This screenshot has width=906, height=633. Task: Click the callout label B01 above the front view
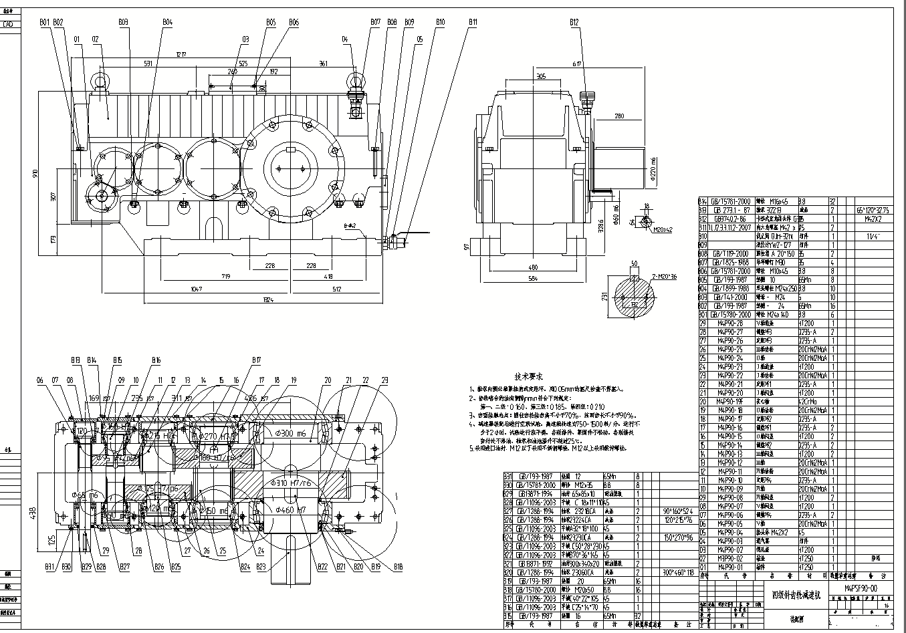(44, 22)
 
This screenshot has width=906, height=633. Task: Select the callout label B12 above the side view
(574, 22)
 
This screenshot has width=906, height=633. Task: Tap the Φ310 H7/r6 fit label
(293, 483)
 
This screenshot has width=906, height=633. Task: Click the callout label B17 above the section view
(256, 361)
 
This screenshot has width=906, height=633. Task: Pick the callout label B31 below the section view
(49, 567)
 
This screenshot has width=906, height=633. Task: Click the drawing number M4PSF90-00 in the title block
(861, 588)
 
